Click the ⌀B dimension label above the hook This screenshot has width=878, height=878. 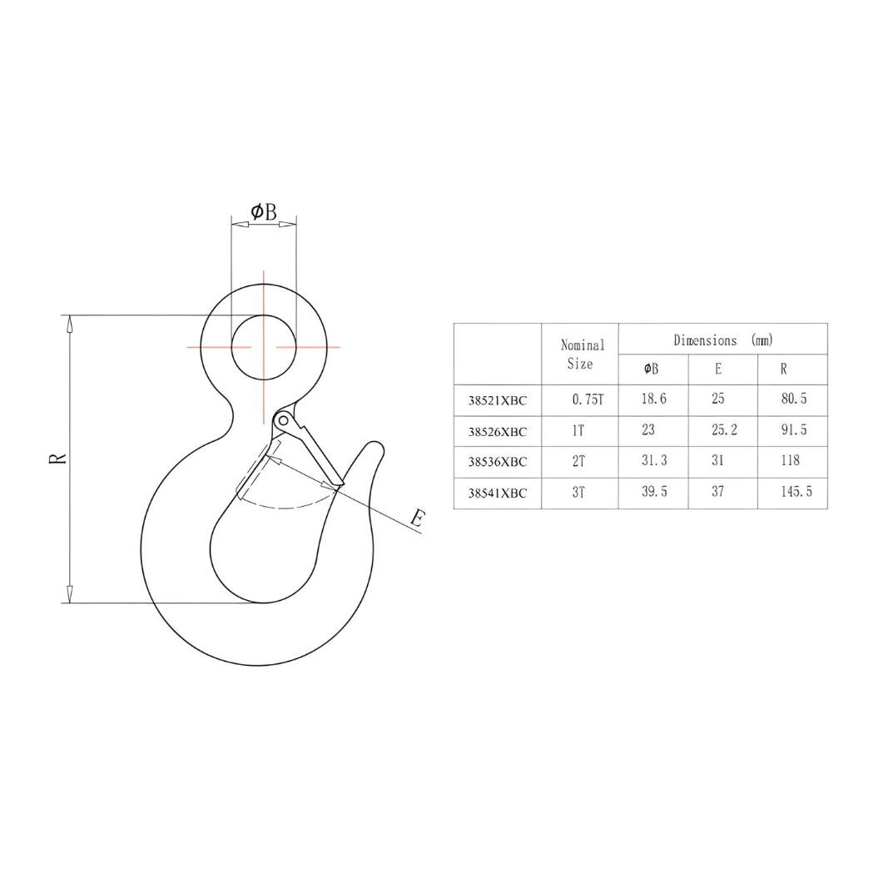click(263, 212)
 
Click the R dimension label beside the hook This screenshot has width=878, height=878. click(57, 459)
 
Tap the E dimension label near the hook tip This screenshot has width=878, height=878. click(419, 519)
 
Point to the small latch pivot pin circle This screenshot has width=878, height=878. click(283, 420)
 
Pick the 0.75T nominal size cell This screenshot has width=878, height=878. click(587, 399)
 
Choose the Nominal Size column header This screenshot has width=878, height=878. click(582, 354)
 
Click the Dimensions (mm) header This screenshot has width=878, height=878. click(722, 340)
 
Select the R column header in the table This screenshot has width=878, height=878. click(783, 370)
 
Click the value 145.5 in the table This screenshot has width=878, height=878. click(796, 492)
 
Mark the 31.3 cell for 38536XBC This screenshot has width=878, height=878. click(654, 461)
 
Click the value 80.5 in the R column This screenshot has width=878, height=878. click(794, 399)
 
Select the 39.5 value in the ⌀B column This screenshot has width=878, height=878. click(654, 492)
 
